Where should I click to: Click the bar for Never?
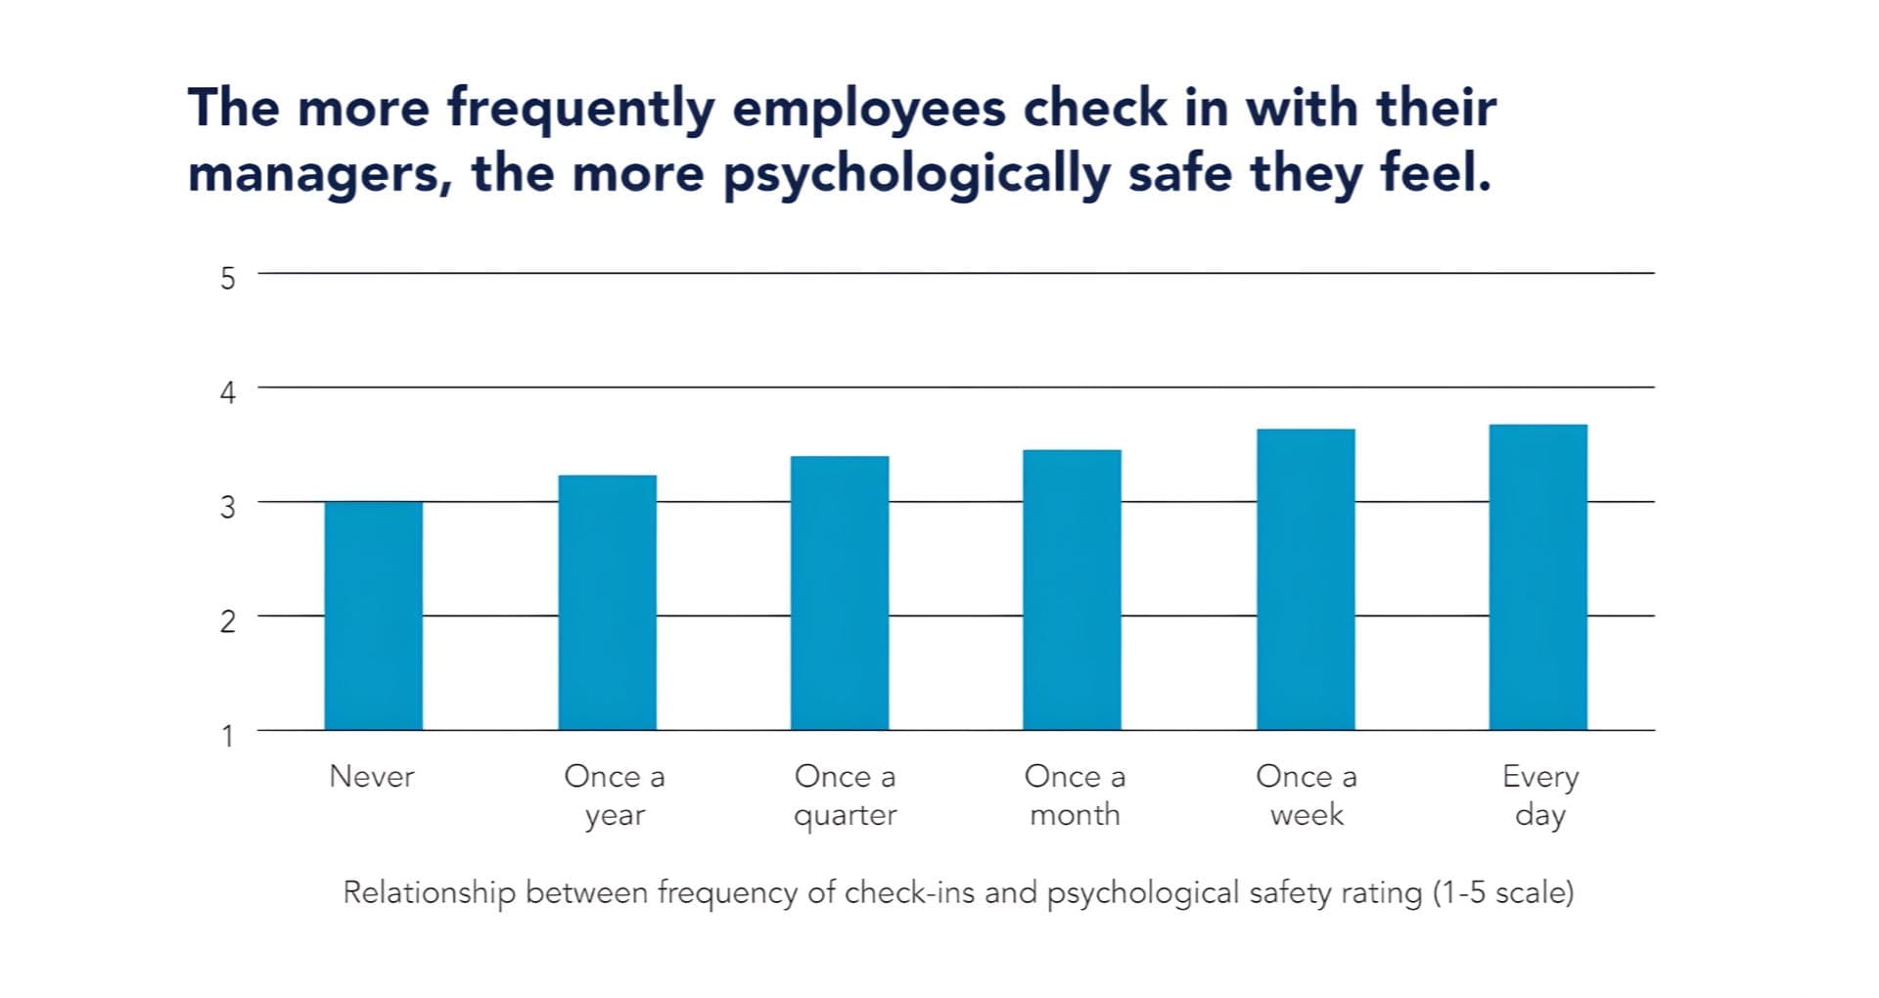[x=373, y=615]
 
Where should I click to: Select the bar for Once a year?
[x=607, y=603]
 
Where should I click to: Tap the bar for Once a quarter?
[x=840, y=593]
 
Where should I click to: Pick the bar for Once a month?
[x=1072, y=590]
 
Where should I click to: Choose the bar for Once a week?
[x=1306, y=579]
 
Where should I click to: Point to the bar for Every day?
[x=1537, y=577]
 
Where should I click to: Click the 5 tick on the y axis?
[x=227, y=278]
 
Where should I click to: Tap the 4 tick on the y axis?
[x=227, y=392]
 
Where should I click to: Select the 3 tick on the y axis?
[x=227, y=507]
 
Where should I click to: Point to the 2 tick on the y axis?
[x=227, y=620]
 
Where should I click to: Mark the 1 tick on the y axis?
[x=227, y=735]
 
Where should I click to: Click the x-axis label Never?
[x=372, y=776]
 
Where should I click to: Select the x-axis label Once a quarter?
[x=845, y=795]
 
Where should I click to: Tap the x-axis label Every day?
[x=1540, y=795]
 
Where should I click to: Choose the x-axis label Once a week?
[x=1306, y=795]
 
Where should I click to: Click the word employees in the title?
[x=869, y=109]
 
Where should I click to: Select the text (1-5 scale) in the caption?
[x=1503, y=892]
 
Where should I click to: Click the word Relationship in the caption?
[x=429, y=892]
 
